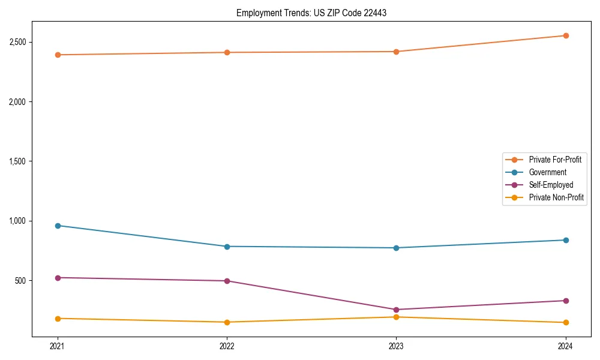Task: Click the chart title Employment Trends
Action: [311, 13]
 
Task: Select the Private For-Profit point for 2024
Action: [565, 36]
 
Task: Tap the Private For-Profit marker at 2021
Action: [58, 55]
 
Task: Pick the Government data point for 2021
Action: [58, 226]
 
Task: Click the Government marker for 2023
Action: [396, 248]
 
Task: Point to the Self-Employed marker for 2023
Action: [396, 310]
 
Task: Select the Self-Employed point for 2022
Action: [227, 281]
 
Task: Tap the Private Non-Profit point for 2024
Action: [565, 323]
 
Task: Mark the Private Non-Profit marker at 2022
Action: [227, 322]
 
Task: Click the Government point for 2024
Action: [565, 240]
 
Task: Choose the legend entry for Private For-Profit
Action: [554, 160]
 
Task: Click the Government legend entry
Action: [547, 172]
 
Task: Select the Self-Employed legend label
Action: [551, 185]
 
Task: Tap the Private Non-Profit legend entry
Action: [556, 197]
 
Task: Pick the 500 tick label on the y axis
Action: [20, 281]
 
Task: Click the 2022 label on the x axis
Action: [227, 346]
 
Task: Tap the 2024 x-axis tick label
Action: [565, 346]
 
